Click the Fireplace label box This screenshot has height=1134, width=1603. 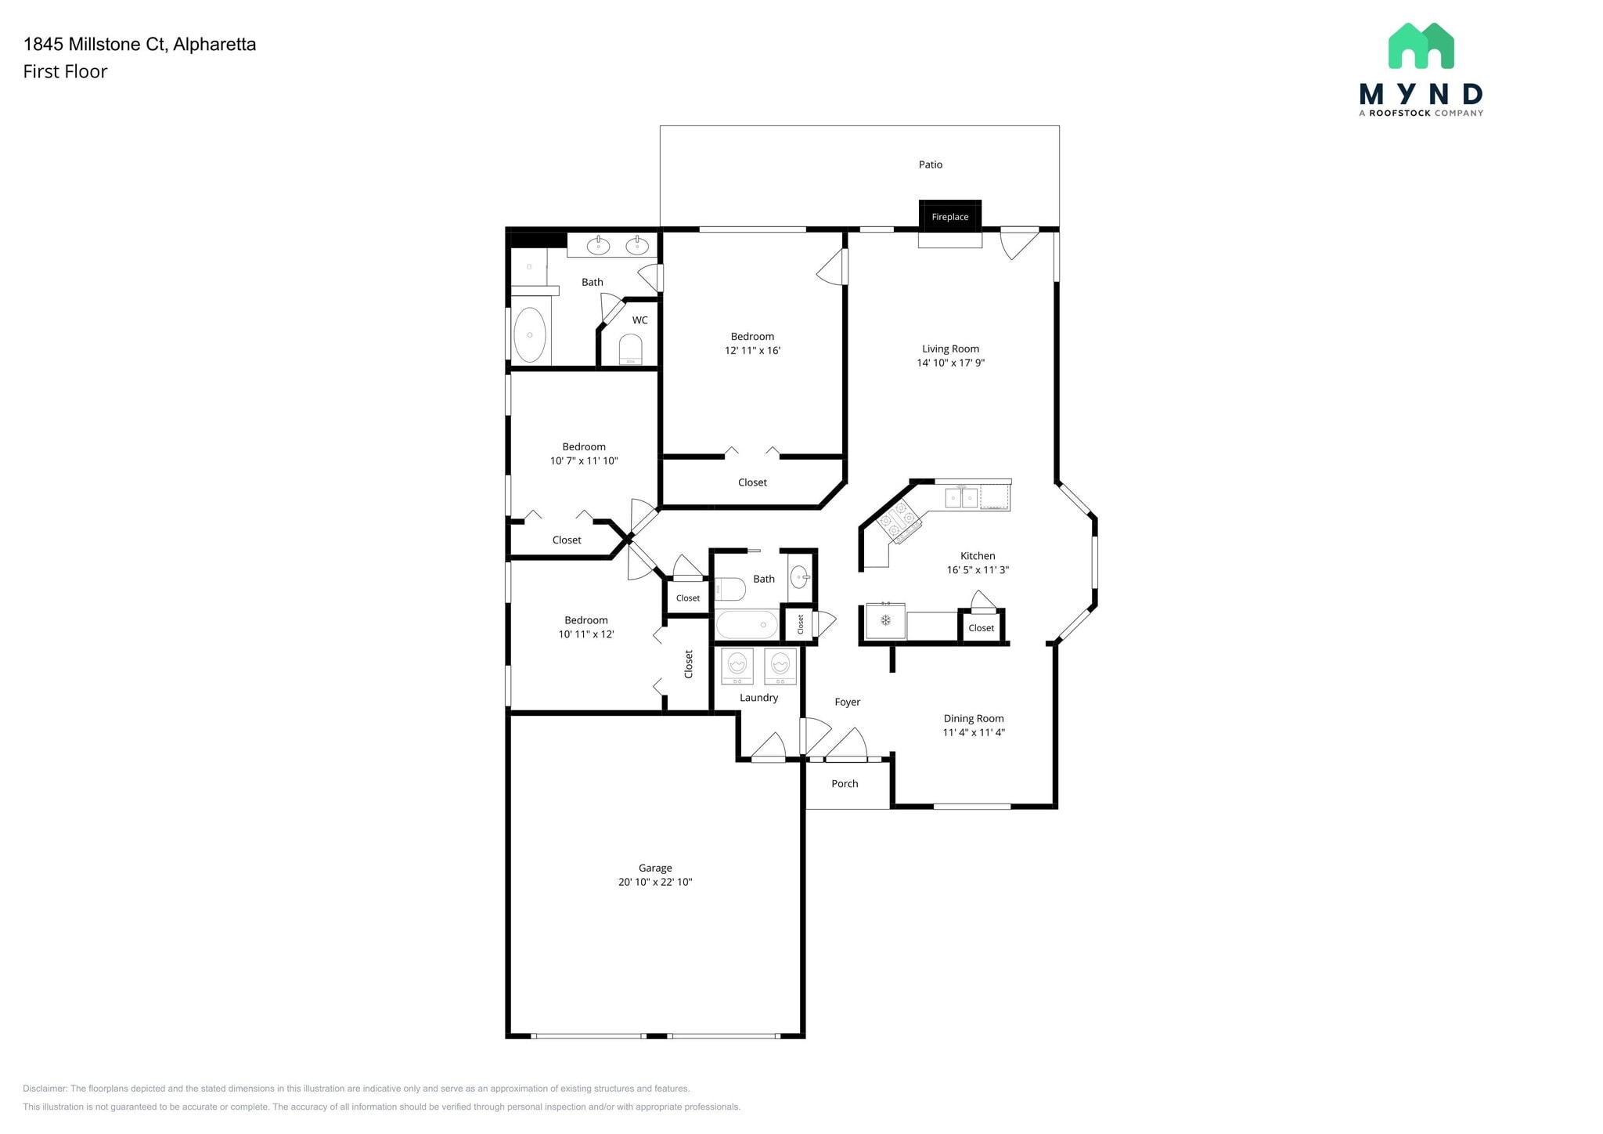click(x=949, y=216)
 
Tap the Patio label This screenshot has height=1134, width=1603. click(x=930, y=164)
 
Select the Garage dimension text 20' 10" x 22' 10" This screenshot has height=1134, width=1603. click(x=655, y=882)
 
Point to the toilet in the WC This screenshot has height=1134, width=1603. click(x=630, y=349)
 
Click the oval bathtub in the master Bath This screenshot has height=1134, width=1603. click(x=530, y=334)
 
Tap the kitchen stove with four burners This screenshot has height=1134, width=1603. click(x=899, y=521)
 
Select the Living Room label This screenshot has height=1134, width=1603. click(x=950, y=349)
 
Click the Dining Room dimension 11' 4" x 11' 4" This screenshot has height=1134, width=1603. click(x=974, y=732)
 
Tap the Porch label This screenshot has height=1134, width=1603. click(x=845, y=783)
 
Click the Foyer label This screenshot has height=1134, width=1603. click(x=847, y=702)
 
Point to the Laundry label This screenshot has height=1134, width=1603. click(x=758, y=697)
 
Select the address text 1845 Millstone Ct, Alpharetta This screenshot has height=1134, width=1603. click(x=140, y=44)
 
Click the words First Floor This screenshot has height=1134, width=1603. click(x=65, y=71)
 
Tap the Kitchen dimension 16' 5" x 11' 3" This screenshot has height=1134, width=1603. click(x=978, y=569)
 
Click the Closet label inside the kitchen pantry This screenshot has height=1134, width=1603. click(x=981, y=627)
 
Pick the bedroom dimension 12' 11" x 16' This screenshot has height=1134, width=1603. click(x=752, y=350)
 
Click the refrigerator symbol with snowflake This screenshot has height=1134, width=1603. click(x=885, y=621)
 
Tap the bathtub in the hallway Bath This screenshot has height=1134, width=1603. click(x=747, y=625)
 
